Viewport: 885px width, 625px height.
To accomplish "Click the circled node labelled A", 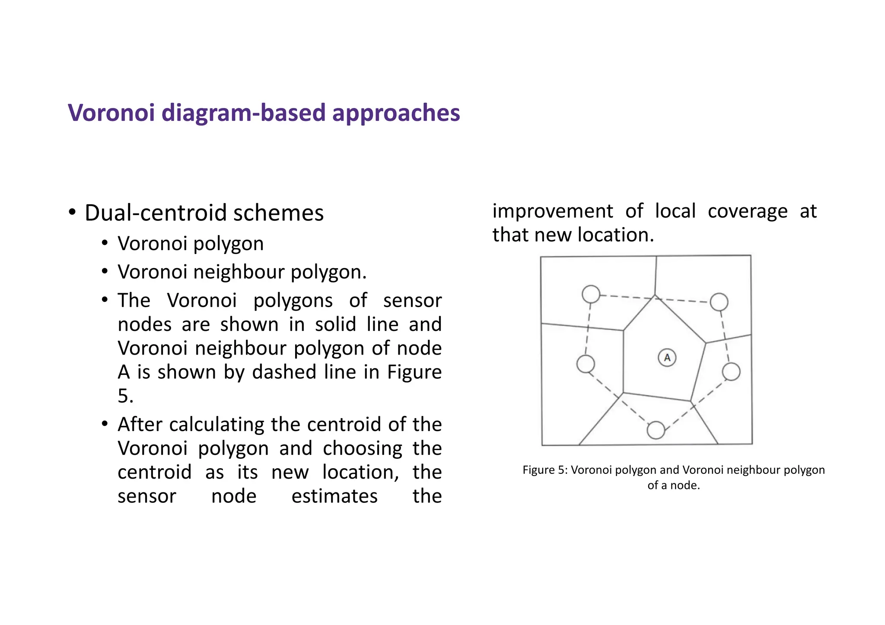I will coord(667,358).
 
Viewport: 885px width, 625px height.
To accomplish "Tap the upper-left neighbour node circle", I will coord(591,294).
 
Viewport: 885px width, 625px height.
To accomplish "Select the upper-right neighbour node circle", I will coord(719,302).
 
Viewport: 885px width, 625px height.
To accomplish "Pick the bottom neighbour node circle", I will coord(656,430).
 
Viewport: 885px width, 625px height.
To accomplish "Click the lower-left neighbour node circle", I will coord(586,364).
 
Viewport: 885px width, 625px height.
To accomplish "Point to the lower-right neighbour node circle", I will coord(731,371).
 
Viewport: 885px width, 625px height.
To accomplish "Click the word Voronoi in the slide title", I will coord(111,113).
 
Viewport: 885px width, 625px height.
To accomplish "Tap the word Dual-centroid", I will coord(156,213).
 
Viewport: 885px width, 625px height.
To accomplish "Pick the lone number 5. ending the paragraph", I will coord(125,396).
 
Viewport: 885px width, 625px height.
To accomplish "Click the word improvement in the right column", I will coord(552,212).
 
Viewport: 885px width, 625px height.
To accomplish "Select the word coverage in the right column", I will coord(748,212).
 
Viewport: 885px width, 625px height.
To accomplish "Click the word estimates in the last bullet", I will coord(334,496).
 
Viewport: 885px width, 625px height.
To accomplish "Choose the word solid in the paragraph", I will coord(335,324).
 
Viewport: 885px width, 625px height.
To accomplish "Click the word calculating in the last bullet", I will coord(216,425).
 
